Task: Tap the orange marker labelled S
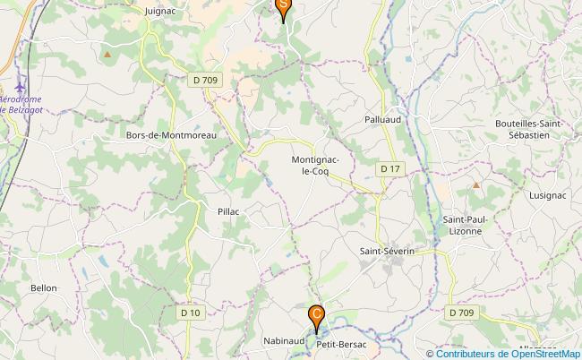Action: tap(283, 8)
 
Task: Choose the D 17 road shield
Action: tap(389, 167)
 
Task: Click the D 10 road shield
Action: tap(190, 313)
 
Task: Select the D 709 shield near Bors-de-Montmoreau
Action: tap(205, 80)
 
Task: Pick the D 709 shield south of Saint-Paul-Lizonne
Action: tap(461, 313)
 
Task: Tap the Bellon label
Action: tap(44, 288)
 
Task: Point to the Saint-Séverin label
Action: tap(386, 252)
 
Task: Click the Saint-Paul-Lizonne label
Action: tap(462, 225)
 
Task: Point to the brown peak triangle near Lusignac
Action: tap(475, 184)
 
